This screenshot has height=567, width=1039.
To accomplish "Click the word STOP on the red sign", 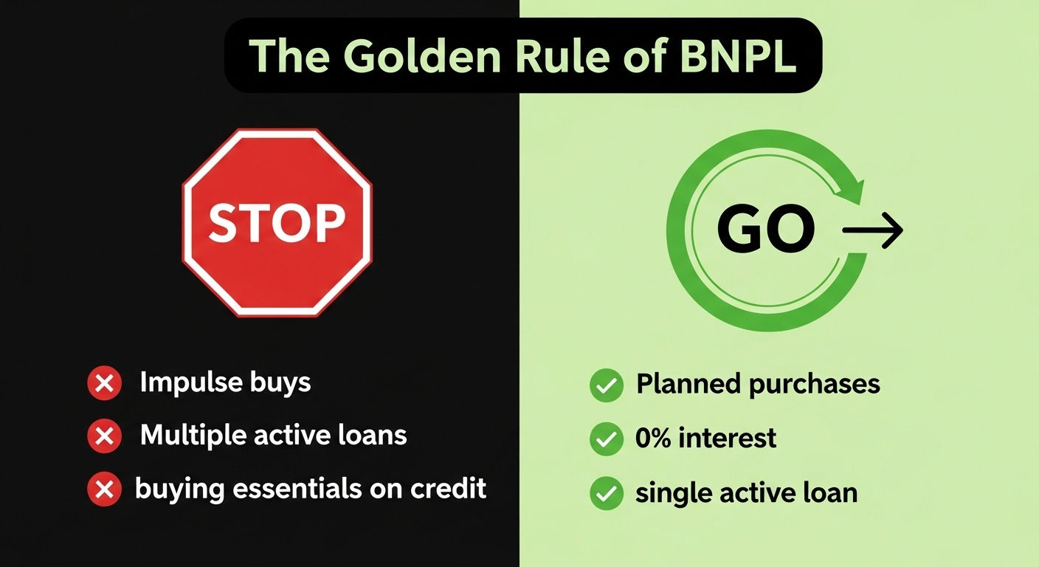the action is click(x=277, y=223).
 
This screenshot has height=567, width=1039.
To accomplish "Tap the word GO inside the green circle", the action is click(x=766, y=229).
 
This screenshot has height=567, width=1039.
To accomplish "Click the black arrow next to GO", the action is click(x=872, y=230).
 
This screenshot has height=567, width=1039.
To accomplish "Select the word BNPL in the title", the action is click(x=738, y=56).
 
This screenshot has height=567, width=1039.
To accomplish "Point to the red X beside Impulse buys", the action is click(x=104, y=383).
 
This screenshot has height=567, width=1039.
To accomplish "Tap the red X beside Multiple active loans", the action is click(x=104, y=436).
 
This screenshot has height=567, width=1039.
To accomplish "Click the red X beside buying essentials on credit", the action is click(x=104, y=489).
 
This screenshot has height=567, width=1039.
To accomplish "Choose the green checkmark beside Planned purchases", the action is click(x=607, y=385).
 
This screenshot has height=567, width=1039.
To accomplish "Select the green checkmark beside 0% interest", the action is click(x=607, y=439).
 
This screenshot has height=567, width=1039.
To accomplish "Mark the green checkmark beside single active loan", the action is click(x=607, y=493).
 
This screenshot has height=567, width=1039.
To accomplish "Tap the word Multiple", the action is click(x=192, y=436).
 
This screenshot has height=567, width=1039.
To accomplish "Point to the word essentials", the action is click(x=297, y=489).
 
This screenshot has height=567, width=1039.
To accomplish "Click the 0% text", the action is click(x=653, y=438).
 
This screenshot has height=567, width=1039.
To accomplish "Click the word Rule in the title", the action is click(x=562, y=56).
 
